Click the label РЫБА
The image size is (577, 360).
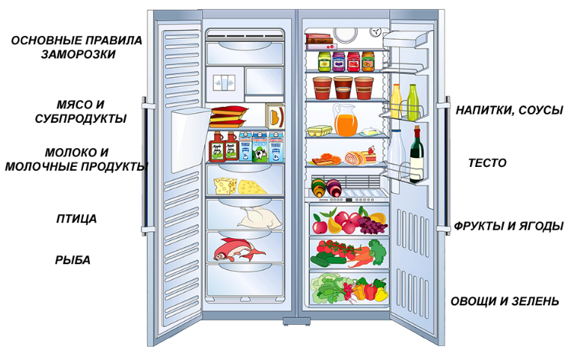[x=73, y=260]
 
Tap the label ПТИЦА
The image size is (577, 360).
[x=76, y=219]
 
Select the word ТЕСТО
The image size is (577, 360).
[x=487, y=163]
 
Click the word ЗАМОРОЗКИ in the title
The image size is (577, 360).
[x=78, y=55]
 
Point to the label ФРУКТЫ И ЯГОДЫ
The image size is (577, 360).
[x=509, y=226]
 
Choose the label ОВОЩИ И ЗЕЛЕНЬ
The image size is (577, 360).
[x=505, y=302]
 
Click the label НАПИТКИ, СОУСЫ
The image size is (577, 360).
[x=510, y=110]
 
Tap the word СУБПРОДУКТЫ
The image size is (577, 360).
[x=81, y=119]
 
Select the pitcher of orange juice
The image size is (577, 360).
[x=345, y=120]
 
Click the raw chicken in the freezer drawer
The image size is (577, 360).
[x=260, y=218]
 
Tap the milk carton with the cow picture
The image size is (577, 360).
[x=260, y=147]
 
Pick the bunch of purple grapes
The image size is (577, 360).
[x=372, y=225]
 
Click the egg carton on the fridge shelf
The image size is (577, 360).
[x=320, y=131]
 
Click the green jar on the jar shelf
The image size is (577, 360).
[x=325, y=61]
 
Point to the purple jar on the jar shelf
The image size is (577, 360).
[x=339, y=61]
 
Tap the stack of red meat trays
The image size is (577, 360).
[x=228, y=117]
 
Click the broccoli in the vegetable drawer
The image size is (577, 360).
[x=378, y=251]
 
